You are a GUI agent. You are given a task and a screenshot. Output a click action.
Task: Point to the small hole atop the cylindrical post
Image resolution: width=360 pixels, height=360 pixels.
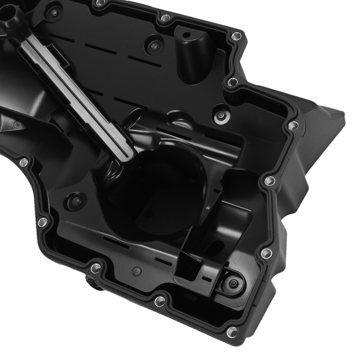186,35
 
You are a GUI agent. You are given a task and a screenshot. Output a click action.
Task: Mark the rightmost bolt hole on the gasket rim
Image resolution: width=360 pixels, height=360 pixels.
293,125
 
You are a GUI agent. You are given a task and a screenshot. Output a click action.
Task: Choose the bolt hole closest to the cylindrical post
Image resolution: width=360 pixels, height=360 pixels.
236,36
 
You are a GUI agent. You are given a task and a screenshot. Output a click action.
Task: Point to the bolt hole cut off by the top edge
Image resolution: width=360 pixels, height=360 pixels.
98,3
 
